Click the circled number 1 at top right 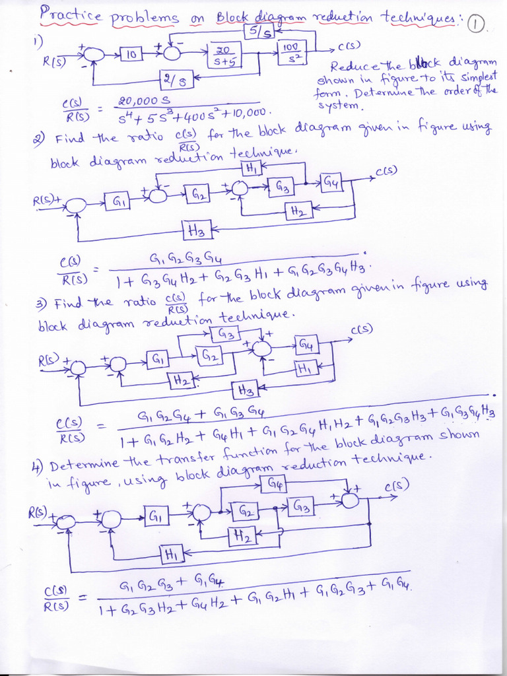point(475,24)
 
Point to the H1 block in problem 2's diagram point(251,168)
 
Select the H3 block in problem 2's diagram point(196,230)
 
